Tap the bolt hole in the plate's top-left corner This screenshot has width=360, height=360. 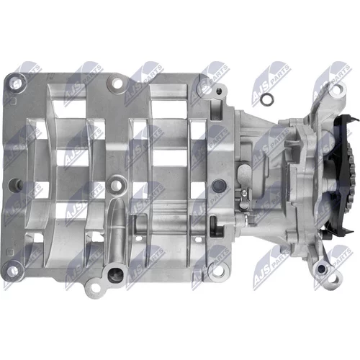15,83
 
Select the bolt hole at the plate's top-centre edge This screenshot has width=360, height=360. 117,83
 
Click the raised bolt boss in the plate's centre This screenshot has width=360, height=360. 116,184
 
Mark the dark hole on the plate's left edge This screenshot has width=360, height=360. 14,184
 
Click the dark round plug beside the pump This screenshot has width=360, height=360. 218,184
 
